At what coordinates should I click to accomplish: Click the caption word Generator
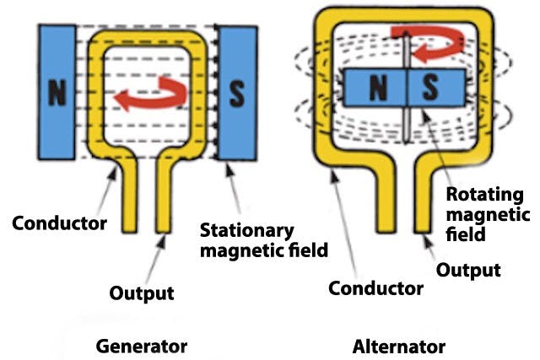click(141, 346)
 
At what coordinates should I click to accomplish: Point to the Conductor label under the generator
click(59, 224)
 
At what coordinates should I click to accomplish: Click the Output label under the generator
click(142, 293)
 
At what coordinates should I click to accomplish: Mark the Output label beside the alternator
click(469, 270)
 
